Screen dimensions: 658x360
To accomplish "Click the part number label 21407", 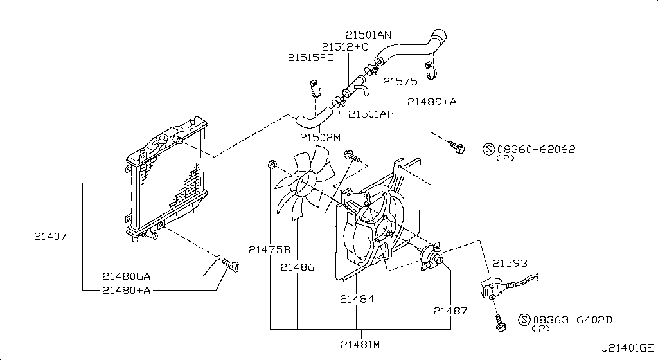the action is click(50, 237).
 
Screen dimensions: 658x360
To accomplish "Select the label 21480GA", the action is click(126, 276).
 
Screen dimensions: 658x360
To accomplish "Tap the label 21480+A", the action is click(126, 290).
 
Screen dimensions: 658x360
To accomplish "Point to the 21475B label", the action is click(269, 250).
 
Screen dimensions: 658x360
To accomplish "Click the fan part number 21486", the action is click(298, 267).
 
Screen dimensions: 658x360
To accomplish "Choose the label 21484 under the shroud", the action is click(357, 299).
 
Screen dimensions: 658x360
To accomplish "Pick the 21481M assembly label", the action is click(360, 345).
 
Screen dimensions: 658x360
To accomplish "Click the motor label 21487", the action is click(450, 311).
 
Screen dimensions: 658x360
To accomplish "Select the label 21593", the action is click(510, 264).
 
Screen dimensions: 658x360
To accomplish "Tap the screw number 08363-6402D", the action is click(573, 320).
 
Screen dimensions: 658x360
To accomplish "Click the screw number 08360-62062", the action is click(537, 149).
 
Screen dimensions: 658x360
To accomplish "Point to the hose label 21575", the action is click(400, 82).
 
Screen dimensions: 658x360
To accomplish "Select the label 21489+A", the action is click(432, 102).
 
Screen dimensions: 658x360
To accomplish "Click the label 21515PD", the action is click(311, 58).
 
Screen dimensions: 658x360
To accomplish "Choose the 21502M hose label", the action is click(320, 138).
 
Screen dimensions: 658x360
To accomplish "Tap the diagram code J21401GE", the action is click(627, 348).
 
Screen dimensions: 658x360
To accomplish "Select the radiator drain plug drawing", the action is click(231, 265).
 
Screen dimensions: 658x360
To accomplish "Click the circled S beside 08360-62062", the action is click(488, 149).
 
